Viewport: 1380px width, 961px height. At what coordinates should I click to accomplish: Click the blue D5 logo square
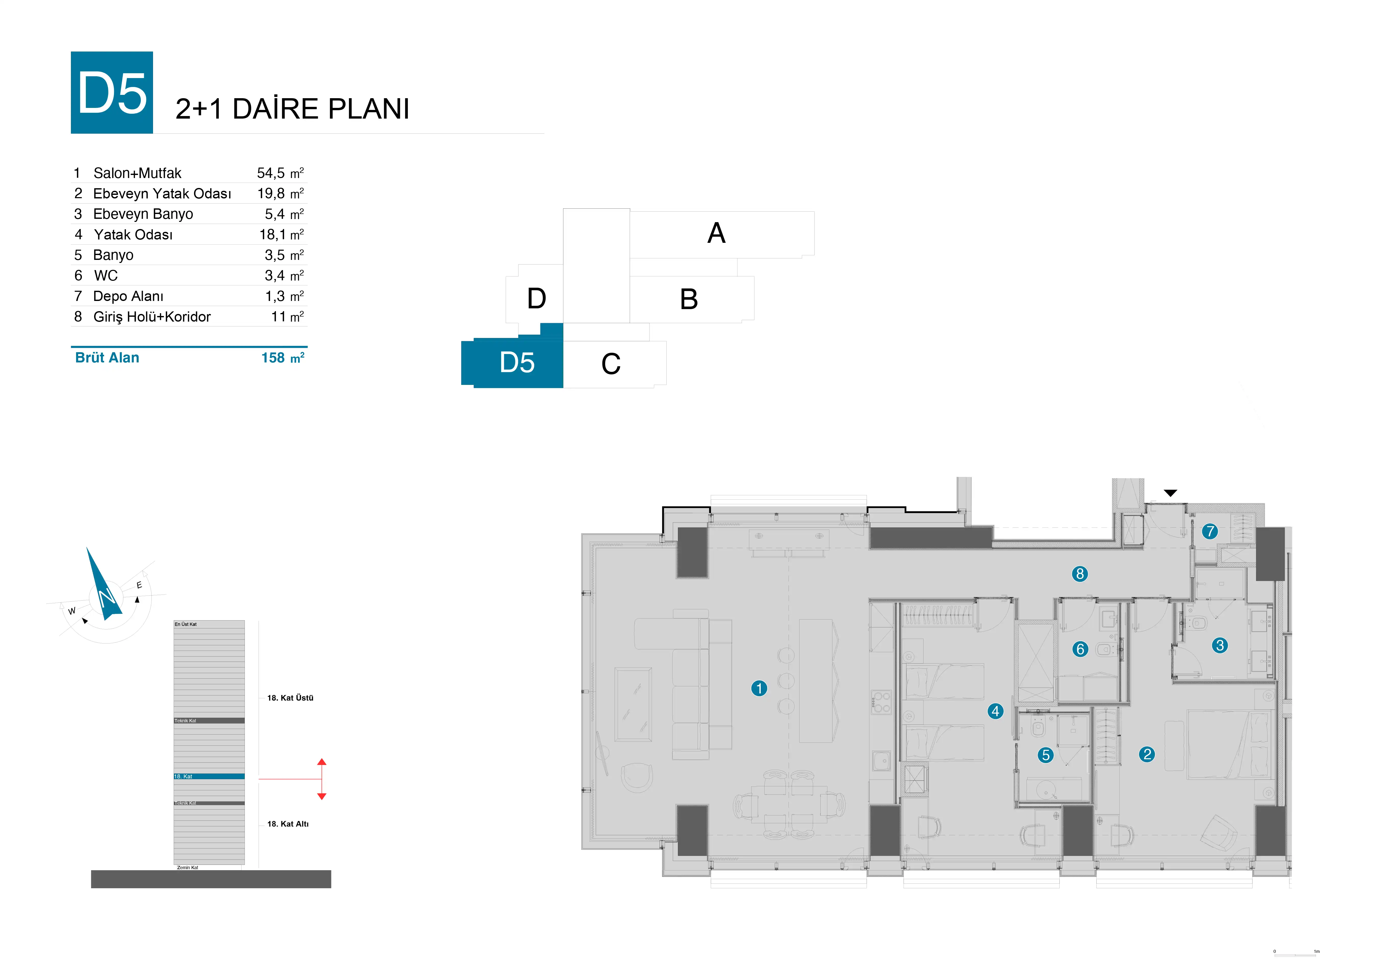[112, 93]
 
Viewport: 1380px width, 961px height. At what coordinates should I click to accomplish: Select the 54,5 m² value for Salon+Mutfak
[280, 173]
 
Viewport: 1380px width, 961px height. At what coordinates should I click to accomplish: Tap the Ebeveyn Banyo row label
[143, 214]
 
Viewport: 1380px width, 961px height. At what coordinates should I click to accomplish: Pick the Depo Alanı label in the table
[128, 296]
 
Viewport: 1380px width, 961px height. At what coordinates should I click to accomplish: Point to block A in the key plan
[716, 233]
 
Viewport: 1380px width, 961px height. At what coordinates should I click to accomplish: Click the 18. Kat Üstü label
[290, 698]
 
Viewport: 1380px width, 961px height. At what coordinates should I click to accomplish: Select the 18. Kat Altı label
[288, 824]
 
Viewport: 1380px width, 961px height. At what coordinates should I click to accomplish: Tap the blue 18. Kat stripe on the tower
[209, 777]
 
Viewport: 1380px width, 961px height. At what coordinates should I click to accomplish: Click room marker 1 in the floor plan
[759, 688]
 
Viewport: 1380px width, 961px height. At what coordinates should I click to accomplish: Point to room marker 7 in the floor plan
[1210, 531]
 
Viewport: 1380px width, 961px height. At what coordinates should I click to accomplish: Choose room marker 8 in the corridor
[1080, 574]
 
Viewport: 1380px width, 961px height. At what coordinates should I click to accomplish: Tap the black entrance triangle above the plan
[1170, 493]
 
